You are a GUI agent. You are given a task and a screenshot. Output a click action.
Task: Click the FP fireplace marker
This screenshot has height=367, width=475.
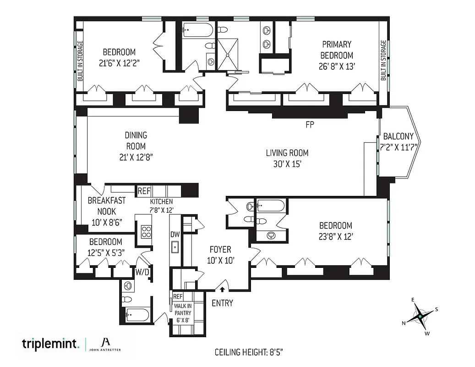pos(310,124)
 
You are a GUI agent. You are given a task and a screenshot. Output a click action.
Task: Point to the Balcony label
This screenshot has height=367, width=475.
pos(398,136)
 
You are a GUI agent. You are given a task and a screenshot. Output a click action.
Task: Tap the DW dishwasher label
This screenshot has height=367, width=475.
pos(175,234)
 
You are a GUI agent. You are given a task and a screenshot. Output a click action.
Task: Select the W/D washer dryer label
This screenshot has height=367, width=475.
pos(142,272)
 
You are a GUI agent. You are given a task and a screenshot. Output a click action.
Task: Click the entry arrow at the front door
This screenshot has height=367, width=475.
pos(222,289)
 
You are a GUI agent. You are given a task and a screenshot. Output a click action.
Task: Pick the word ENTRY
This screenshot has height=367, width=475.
pos(222,303)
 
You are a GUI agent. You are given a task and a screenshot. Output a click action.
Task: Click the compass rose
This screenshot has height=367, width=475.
pos(420,317)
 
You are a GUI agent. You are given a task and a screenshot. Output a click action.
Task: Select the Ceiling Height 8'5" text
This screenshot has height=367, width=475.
pos(250,352)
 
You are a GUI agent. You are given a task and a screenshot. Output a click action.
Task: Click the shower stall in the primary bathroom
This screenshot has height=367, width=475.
pos(232,53)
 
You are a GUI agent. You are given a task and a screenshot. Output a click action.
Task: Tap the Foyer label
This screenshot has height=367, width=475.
pos(220,250)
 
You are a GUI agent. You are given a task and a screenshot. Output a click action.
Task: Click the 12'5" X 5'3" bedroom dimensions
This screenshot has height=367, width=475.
pos(105,252)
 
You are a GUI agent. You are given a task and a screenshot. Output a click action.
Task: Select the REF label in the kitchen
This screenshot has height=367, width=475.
pos(144,190)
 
